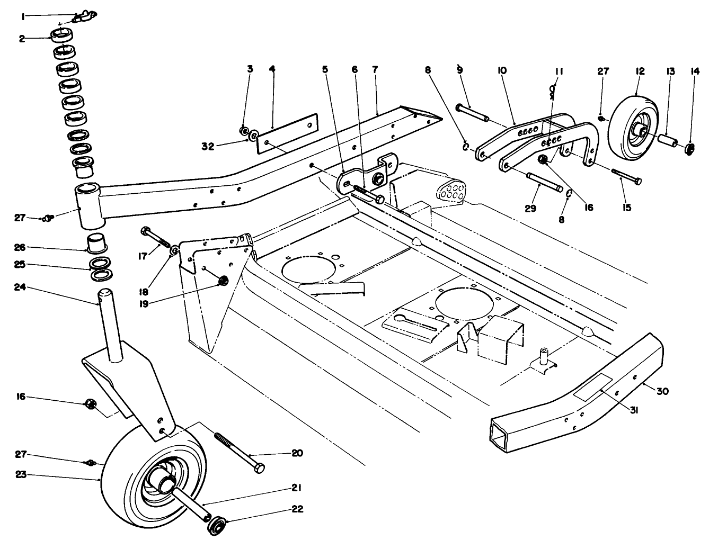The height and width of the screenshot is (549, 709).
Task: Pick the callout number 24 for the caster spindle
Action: click(20, 289)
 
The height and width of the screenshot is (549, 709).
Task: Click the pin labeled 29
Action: click(545, 182)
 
